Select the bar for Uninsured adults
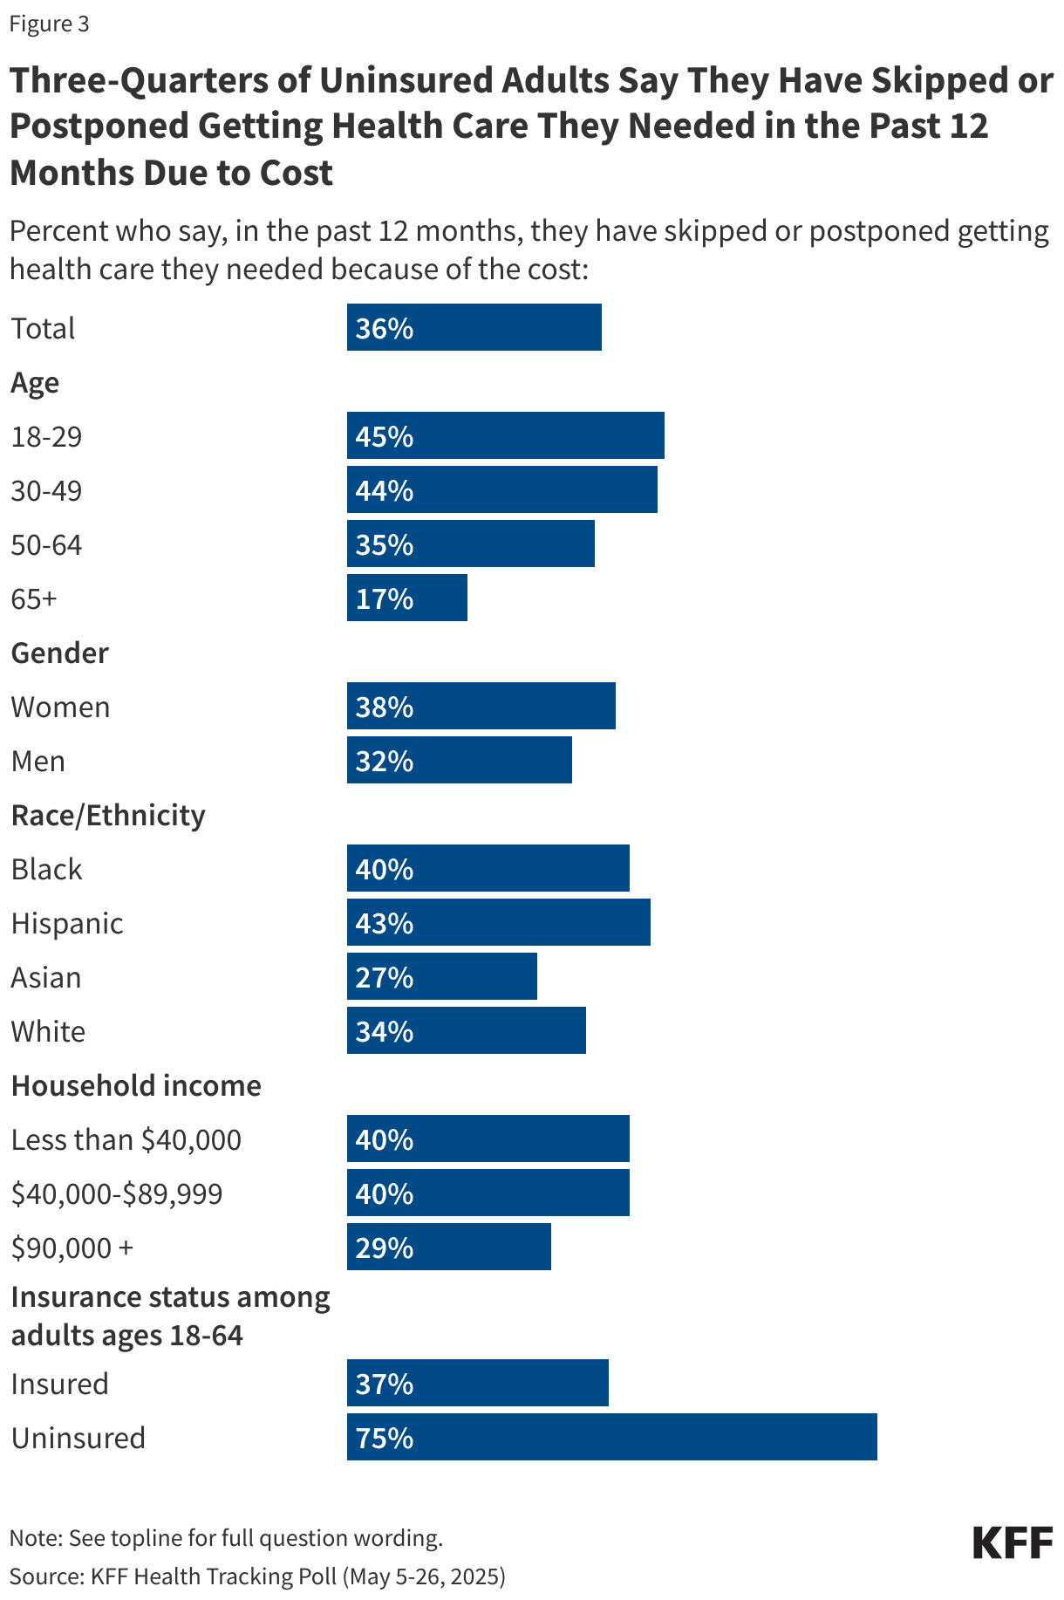[611, 1437]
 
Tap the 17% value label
[384, 598]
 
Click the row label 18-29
[46, 436]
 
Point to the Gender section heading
[59, 653]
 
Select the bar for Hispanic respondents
[498, 923]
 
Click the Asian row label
[46, 977]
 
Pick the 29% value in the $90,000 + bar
[384, 1248]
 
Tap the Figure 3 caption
[49, 24]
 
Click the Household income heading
[136, 1085]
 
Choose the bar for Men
[459, 761]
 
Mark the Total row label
[43, 328]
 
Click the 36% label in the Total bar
[384, 328]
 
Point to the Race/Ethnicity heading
[108, 815]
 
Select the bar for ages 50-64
[470, 544]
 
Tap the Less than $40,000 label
[126, 1139]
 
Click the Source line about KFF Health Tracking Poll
[257, 1576]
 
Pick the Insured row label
[59, 1384]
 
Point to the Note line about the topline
[226, 1537]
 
